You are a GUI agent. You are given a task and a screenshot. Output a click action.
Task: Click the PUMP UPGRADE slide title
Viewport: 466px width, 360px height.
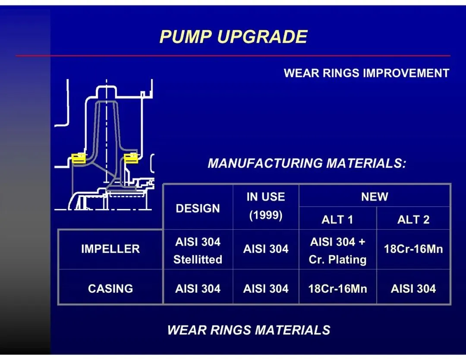tap(233, 37)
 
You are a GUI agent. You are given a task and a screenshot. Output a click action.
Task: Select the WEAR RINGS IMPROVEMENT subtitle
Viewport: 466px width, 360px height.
tap(366, 73)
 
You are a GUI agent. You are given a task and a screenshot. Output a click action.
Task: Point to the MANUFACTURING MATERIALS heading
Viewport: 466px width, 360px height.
tap(307, 164)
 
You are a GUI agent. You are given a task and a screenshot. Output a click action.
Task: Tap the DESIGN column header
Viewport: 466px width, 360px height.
tap(198, 208)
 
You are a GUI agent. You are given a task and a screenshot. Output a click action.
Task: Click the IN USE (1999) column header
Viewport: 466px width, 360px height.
tap(266, 206)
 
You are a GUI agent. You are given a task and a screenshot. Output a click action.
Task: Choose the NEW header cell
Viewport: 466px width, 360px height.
tap(375, 197)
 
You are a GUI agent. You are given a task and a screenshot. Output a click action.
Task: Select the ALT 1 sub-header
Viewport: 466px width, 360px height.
tap(337, 219)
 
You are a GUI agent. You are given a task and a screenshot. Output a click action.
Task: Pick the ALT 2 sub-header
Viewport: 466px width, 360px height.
tap(413, 219)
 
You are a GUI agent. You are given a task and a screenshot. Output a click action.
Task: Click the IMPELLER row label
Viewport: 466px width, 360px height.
tap(110, 249)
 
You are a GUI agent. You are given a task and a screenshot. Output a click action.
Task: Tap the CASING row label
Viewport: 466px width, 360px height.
tap(110, 288)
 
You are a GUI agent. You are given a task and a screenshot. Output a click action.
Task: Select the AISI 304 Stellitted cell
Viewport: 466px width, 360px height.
tap(198, 250)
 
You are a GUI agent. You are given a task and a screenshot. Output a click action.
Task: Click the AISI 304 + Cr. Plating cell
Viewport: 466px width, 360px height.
tap(337, 250)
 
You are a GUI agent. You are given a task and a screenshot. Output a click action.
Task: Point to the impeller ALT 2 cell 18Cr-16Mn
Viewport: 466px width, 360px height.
tap(413, 249)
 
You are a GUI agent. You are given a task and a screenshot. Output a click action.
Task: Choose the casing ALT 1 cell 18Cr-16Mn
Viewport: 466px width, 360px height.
tap(337, 288)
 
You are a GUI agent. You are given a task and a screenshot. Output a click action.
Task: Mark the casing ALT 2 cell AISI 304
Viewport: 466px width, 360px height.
tap(413, 288)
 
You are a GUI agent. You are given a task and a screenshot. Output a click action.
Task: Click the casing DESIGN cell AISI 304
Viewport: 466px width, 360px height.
tap(198, 288)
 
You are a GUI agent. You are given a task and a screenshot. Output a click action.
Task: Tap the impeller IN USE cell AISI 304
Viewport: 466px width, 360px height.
tap(266, 249)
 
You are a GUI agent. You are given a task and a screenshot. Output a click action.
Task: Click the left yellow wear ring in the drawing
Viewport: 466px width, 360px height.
tap(78, 158)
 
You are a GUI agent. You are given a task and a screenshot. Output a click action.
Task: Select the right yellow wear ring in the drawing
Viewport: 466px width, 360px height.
tap(131, 158)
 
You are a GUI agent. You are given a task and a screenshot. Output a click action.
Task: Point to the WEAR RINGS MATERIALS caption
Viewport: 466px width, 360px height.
tap(249, 330)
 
